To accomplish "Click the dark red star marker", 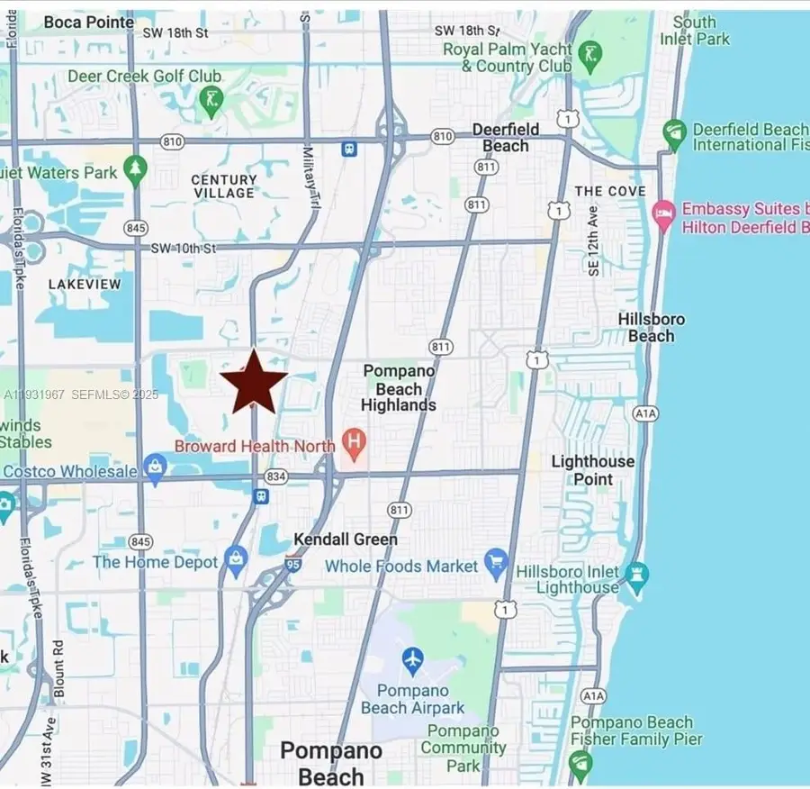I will tap(255, 382).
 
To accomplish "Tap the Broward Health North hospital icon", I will tap(354, 444).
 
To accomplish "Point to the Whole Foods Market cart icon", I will tap(496, 566).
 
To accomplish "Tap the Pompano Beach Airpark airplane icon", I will tap(412, 658).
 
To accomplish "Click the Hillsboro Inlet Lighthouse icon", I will tap(637, 576).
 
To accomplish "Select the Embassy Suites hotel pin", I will tap(664, 216).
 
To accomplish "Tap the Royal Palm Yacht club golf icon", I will tap(589, 55).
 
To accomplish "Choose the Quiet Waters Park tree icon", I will tap(135, 169).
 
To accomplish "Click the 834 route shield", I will tap(277, 476).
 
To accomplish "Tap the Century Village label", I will tap(223, 186).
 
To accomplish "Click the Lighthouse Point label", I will tap(592, 470).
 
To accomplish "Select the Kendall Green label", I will tap(346, 540).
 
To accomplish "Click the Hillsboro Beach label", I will tap(651, 328).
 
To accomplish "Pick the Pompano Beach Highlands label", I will tap(398, 388).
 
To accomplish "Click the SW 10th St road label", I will tap(186, 248).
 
